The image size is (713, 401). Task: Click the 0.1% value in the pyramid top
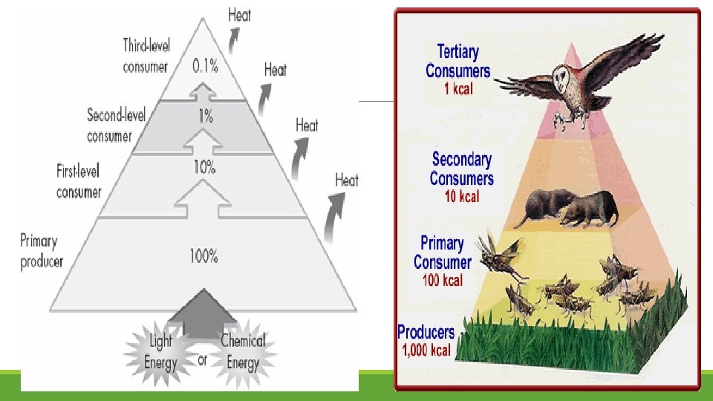point(205,66)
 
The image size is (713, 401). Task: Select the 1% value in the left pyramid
point(205,116)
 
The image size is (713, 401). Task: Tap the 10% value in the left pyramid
point(204,167)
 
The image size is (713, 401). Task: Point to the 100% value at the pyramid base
point(204,257)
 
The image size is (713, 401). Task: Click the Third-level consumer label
point(146,56)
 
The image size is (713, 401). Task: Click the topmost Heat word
point(239,14)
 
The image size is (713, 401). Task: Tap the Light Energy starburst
point(161,352)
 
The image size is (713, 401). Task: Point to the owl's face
point(566,77)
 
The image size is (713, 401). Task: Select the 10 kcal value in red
point(461,196)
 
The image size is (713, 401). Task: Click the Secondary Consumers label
point(461,169)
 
